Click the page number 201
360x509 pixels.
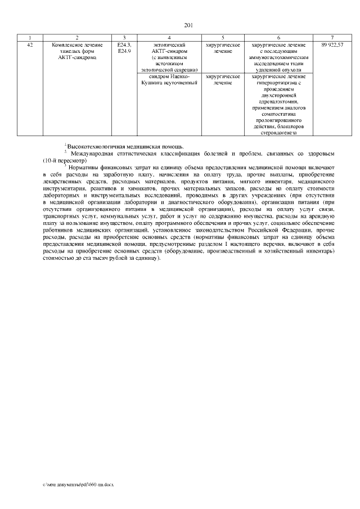188,24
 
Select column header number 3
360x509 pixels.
124,37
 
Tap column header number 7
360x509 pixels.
332,37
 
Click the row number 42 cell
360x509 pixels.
30,44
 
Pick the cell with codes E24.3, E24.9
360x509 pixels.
124,48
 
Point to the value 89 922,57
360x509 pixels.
332,44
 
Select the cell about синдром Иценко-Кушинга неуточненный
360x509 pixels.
169,79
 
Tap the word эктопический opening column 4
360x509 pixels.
169,44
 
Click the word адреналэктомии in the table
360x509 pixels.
278,102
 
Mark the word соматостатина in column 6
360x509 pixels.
278,114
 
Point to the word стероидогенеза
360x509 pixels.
278,133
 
